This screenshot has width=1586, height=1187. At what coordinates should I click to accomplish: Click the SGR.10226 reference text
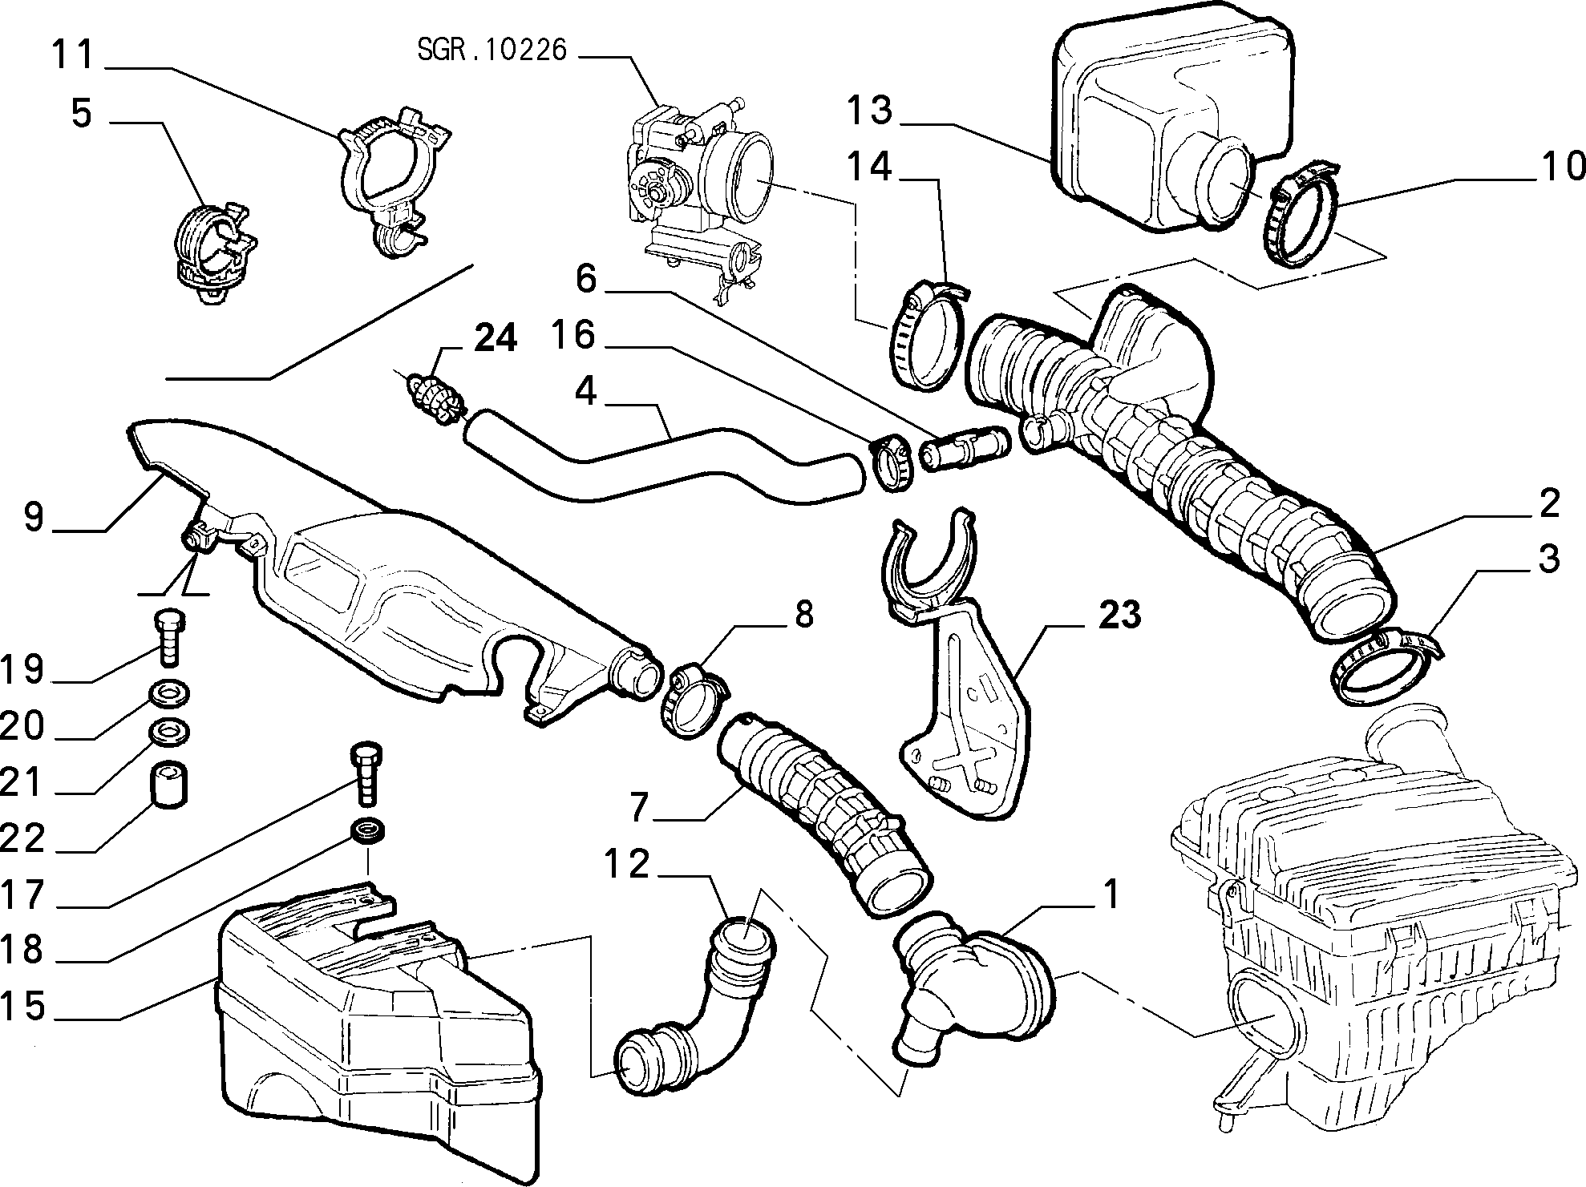492,50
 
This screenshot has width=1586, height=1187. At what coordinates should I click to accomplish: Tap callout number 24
495,338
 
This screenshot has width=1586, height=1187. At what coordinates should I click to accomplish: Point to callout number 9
33,516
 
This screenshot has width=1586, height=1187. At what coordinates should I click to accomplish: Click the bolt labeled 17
366,773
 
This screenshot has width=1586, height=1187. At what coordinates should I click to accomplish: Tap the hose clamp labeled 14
929,336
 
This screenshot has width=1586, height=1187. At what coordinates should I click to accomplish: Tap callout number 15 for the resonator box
23,1005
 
